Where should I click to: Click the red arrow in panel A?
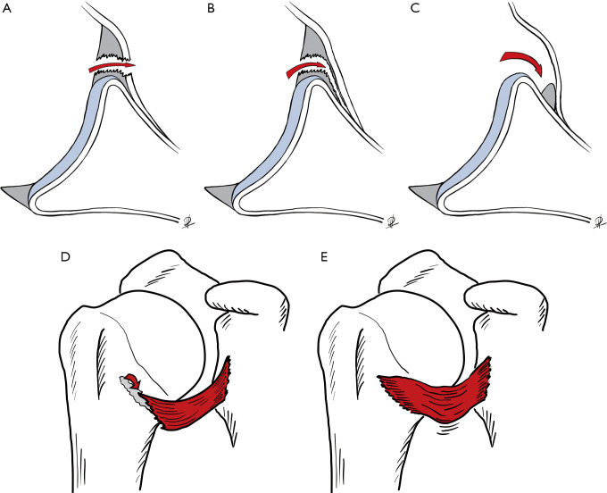(x=112, y=66)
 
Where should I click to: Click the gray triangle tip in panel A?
(x=17, y=194)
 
